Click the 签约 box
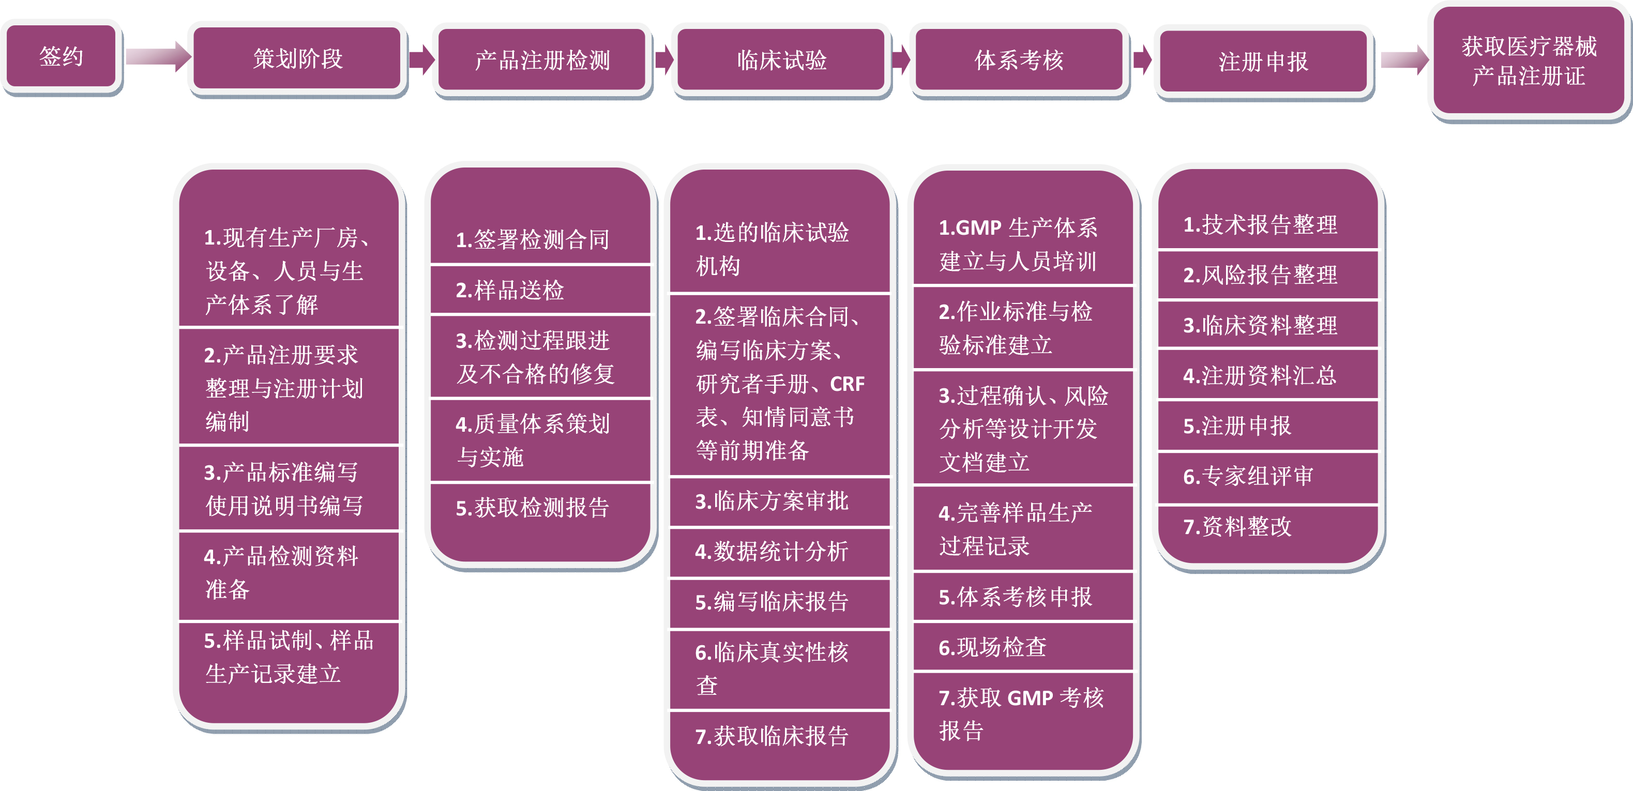[61, 57]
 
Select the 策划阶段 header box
[297, 59]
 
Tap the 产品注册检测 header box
[542, 60]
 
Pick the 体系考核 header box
[1019, 60]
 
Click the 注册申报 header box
[1263, 62]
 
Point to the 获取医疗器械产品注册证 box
[1529, 61]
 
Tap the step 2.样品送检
[510, 290]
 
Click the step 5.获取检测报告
[533, 508]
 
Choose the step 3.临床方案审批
[772, 501]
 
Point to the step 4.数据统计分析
[772, 552]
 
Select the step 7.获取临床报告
[772, 736]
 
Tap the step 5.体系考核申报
[1016, 597]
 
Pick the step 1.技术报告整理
[1260, 225]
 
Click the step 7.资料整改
[1237, 527]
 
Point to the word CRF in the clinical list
[847, 384]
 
